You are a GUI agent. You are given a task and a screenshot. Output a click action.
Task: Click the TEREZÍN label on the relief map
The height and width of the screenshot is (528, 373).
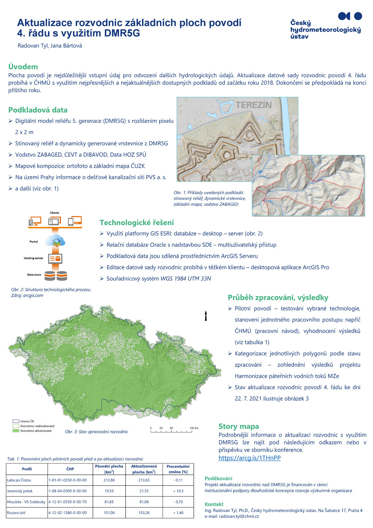253,105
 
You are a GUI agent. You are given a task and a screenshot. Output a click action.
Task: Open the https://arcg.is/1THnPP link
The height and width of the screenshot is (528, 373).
249,458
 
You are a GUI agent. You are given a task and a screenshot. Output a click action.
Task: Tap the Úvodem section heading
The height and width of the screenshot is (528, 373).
23,67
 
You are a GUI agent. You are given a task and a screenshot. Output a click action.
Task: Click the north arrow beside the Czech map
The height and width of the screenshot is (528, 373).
206,316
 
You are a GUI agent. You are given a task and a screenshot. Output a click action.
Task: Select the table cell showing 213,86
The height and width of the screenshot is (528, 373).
109,480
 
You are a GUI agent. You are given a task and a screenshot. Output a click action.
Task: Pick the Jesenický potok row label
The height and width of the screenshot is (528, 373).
20,491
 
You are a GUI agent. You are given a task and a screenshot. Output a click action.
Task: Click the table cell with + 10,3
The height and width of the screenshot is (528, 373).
178,491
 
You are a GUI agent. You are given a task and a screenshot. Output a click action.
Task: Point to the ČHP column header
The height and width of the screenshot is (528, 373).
70,469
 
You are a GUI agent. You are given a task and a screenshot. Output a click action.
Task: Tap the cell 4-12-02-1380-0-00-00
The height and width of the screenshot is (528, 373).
67,513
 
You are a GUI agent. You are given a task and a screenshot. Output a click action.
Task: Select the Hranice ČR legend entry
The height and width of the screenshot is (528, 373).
27,421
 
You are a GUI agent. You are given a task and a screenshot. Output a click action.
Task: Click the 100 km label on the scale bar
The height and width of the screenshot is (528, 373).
194,428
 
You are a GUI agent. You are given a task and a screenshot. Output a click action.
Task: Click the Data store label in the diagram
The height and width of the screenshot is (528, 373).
34,275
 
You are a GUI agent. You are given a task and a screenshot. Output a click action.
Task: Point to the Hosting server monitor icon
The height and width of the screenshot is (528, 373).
56,259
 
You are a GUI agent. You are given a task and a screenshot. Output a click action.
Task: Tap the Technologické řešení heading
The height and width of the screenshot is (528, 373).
137,222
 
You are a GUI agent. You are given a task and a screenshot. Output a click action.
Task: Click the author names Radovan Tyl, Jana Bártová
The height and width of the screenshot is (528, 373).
50,46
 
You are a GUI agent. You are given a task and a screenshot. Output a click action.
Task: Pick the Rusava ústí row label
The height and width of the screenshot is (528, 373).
16,513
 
